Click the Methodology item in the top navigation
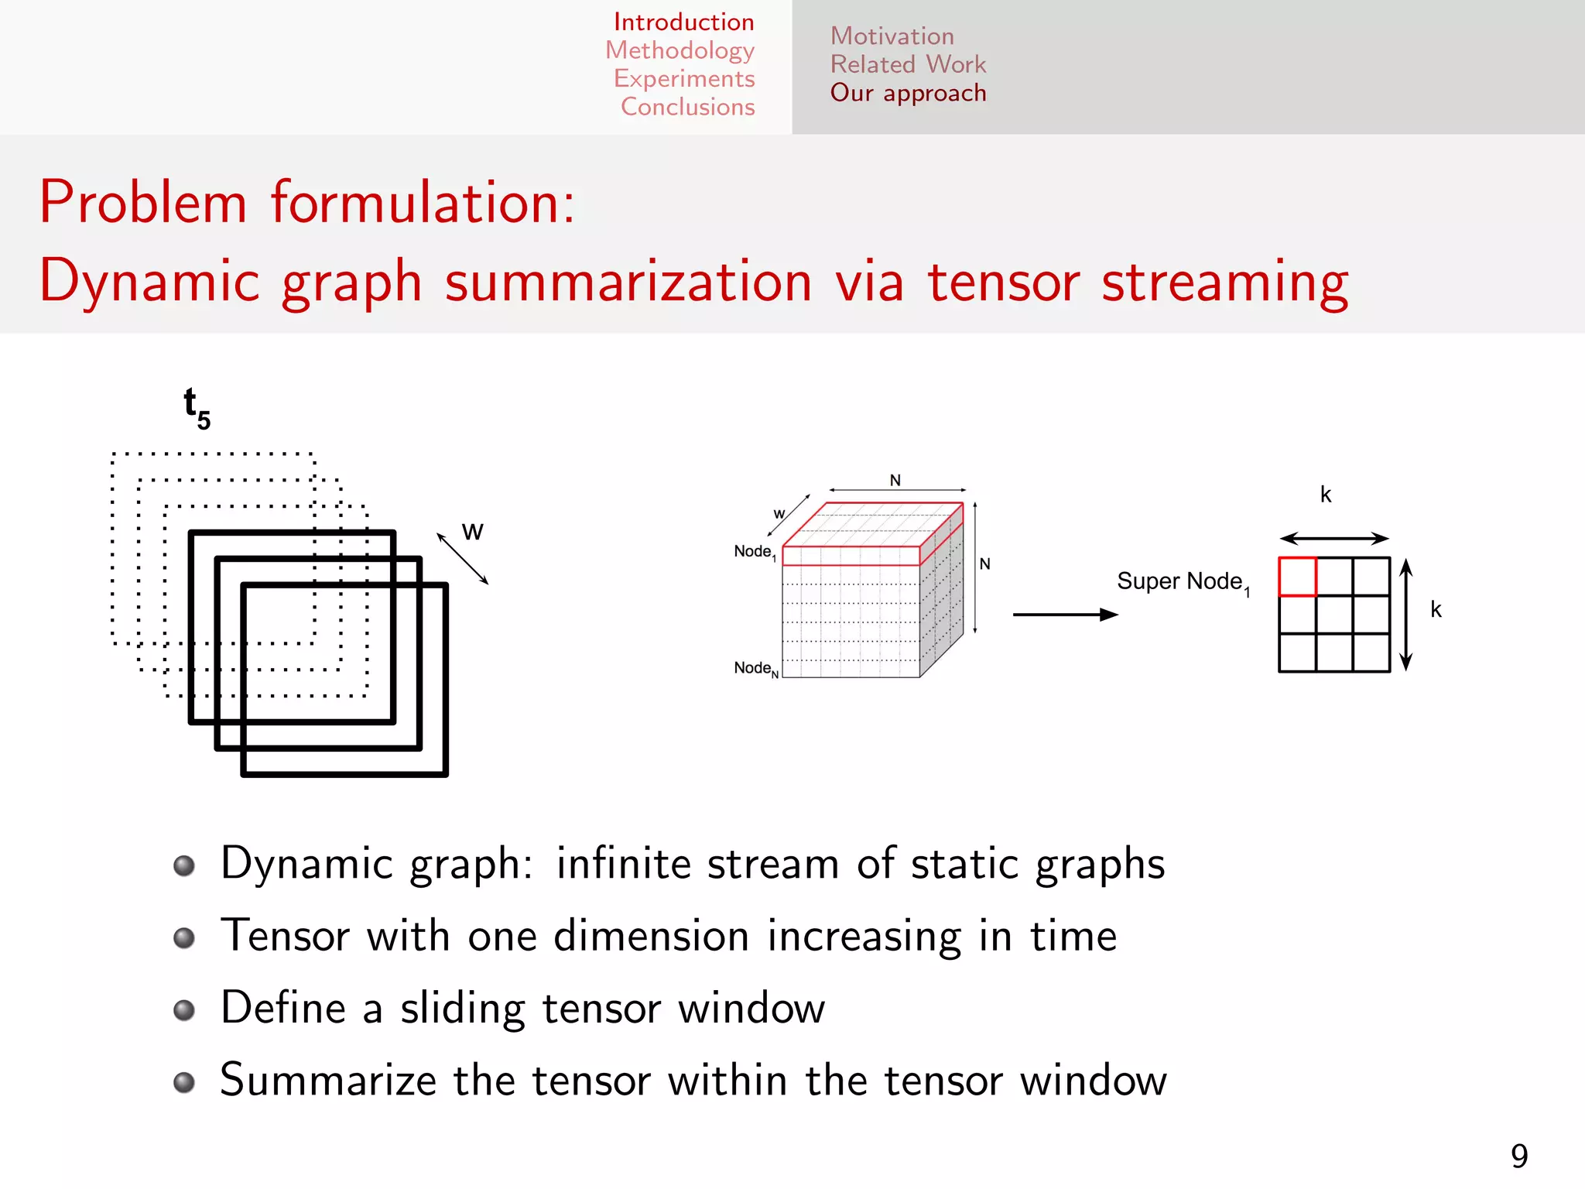tap(680, 51)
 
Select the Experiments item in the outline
tap(684, 79)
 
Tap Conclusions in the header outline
tap(687, 107)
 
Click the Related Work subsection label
tap(908, 64)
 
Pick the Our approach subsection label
tap(908, 93)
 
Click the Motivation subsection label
tap(892, 36)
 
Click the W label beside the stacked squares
tap(472, 532)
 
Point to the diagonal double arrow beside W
tap(462, 558)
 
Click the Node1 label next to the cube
tap(755, 552)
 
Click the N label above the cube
tap(895, 480)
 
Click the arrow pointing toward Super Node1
tap(1065, 615)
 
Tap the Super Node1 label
tap(1183, 582)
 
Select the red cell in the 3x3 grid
tap(1297, 577)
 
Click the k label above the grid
tap(1326, 495)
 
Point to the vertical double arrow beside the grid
tap(1406, 615)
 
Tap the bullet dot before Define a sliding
tap(184, 1010)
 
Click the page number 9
tap(1519, 1156)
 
